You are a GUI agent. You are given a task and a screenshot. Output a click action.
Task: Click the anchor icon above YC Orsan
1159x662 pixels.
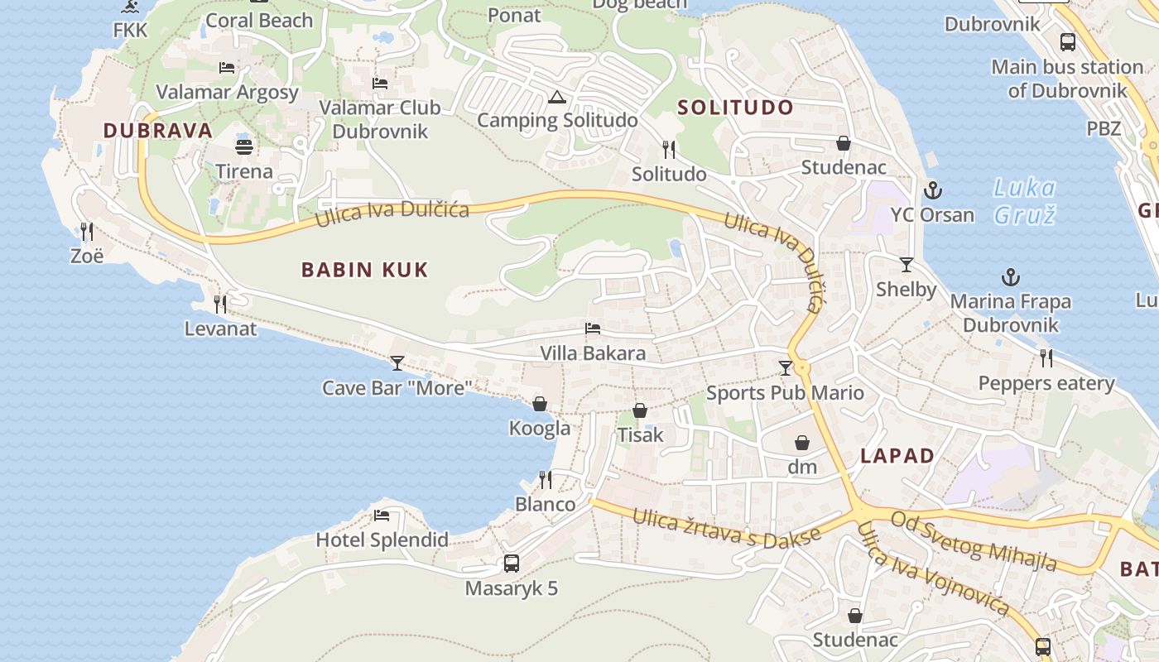click(x=933, y=190)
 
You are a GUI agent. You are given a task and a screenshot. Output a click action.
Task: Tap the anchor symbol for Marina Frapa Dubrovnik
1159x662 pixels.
click(x=1010, y=277)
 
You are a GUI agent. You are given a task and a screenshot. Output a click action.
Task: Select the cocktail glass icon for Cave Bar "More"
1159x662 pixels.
click(x=397, y=362)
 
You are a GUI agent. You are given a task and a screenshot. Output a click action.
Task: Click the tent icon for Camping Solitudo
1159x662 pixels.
click(x=557, y=97)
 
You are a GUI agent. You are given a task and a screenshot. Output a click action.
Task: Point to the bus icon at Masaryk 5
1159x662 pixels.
click(x=512, y=564)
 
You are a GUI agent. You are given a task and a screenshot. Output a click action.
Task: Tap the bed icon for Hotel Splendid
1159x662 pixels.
click(x=382, y=516)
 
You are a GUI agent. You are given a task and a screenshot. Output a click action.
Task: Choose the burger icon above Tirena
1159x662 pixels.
click(x=244, y=147)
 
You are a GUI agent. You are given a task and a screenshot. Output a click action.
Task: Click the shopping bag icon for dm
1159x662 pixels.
click(x=801, y=443)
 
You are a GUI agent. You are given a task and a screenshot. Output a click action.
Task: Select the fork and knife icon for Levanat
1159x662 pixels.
click(x=220, y=305)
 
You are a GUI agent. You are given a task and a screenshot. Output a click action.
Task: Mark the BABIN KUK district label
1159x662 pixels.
click(x=365, y=270)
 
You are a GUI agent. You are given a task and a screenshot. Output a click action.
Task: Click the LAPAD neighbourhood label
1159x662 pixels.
click(x=897, y=456)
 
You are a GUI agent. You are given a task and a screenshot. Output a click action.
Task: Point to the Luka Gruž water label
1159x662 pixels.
click(x=1025, y=202)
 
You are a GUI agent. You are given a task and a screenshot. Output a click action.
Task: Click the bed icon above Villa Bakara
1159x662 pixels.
click(x=593, y=329)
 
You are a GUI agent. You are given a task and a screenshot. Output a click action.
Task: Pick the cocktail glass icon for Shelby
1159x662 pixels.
click(x=907, y=265)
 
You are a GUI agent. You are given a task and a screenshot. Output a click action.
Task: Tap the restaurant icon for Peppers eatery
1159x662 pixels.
click(x=1046, y=358)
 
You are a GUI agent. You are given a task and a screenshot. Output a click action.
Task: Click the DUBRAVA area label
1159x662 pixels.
click(x=158, y=131)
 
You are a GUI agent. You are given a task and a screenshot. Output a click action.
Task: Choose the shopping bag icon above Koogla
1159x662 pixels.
click(x=540, y=404)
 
